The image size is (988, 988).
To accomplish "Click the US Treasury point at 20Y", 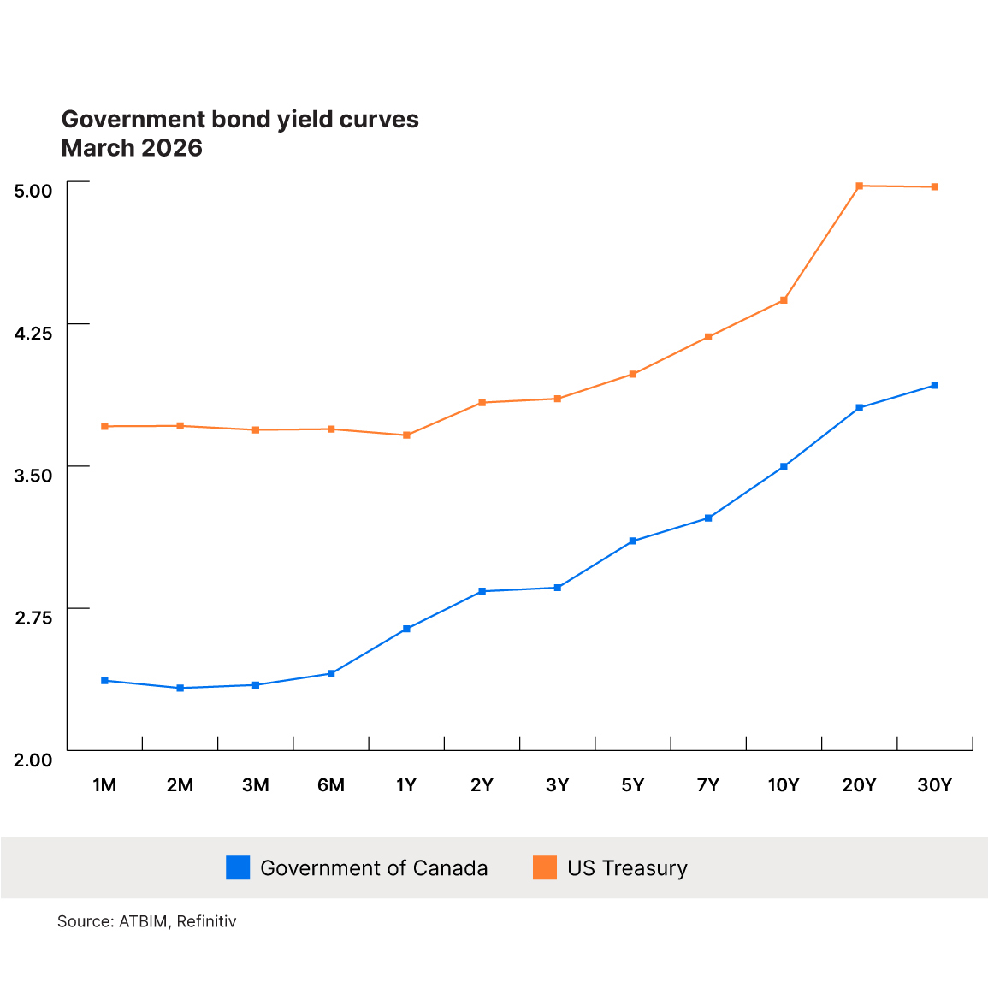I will tap(859, 186).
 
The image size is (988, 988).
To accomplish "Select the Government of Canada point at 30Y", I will tap(934, 385).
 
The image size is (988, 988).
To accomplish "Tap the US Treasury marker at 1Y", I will tap(406, 435).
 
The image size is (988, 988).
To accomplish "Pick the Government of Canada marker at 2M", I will tap(180, 688).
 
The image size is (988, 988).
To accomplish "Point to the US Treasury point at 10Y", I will tap(784, 300).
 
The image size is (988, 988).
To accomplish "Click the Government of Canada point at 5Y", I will tap(633, 541).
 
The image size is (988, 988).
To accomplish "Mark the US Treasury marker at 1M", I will tap(104, 426).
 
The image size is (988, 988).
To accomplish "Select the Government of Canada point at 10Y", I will tap(784, 466).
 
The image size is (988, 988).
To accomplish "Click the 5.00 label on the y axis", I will tap(33, 190).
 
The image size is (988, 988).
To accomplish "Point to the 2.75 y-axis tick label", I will tap(33, 618).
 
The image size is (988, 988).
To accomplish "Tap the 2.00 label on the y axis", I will tap(33, 760).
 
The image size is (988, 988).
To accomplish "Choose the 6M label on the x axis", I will tap(331, 785).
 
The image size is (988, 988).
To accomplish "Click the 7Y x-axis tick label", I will tap(708, 785).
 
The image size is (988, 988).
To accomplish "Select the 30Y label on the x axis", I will tap(934, 785).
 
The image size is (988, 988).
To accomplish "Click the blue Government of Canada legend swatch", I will tap(238, 867).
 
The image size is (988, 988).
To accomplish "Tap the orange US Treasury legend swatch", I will tap(545, 867).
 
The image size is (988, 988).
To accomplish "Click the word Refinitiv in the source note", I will tap(206, 921).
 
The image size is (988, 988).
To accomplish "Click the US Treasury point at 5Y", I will tap(633, 374).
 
